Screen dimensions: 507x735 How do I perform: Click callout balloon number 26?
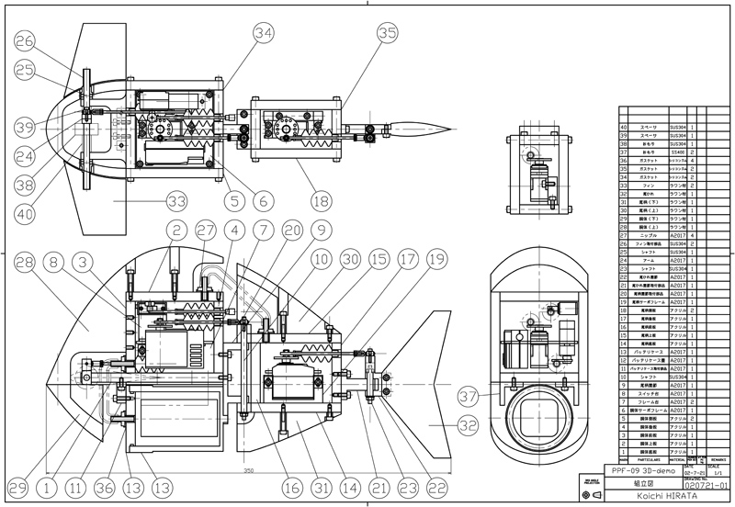(x=25, y=39)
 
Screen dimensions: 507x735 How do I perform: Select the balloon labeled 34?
(x=265, y=33)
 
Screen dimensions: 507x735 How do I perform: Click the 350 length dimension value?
(x=248, y=471)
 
